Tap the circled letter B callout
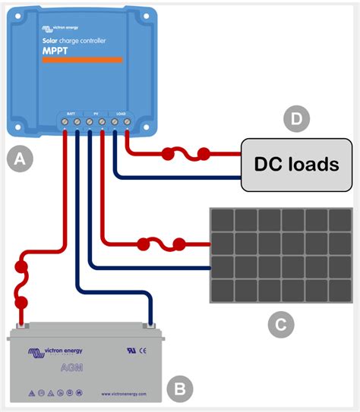(180, 389)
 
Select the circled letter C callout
(280, 325)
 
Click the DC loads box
(295, 164)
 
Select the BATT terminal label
(70, 112)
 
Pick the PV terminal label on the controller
(96, 112)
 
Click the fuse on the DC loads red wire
(185, 156)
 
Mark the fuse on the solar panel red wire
(159, 244)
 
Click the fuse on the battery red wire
(21, 285)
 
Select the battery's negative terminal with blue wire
(150, 326)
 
